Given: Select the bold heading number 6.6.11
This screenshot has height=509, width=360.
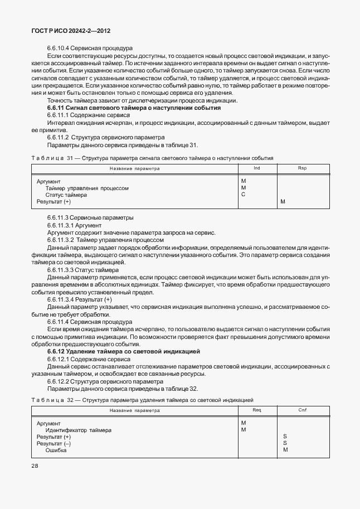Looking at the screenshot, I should (x=57, y=107).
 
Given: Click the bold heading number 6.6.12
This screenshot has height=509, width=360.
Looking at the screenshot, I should (x=57, y=352).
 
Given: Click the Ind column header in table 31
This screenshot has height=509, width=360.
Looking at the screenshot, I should (x=256, y=168).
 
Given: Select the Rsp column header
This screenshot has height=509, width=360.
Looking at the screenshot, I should (x=302, y=168).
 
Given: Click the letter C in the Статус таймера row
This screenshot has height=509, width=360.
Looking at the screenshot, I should (x=243, y=195).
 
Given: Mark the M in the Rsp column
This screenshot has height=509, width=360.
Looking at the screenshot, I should (x=283, y=202).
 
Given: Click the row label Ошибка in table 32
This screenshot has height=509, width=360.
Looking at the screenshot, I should (x=56, y=450).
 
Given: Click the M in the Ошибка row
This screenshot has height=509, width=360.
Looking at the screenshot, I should (x=285, y=450).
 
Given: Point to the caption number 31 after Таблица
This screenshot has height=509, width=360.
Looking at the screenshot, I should (x=70, y=158).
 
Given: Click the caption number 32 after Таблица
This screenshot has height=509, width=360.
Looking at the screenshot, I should (x=70, y=400).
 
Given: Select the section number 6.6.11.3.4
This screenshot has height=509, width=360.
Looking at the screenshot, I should (x=63, y=299).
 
